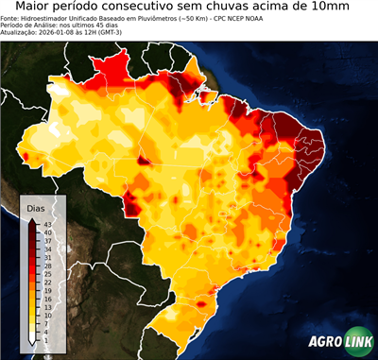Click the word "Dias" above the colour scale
pyautogui.click(x=36, y=207)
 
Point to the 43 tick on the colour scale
pyautogui.click(x=46, y=224)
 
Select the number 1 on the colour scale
pyautogui.click(x=45, y=339)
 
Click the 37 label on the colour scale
pyautogui.click(x=46, y=240)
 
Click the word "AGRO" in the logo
pyautogui.click(x=325, y=342)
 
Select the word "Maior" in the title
pyautogui.click(x=26, y=8)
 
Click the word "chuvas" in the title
pyautogui.click(x=249, y=8)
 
